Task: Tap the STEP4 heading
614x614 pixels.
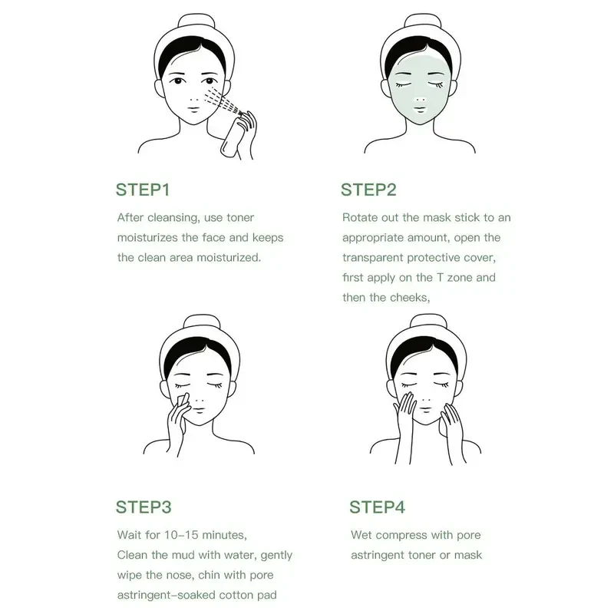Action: tap(377, 507)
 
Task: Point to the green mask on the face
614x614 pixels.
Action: tap(415, 92)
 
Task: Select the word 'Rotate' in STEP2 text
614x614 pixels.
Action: tap(361, 218)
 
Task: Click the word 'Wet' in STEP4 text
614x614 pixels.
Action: tap(363, 535)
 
